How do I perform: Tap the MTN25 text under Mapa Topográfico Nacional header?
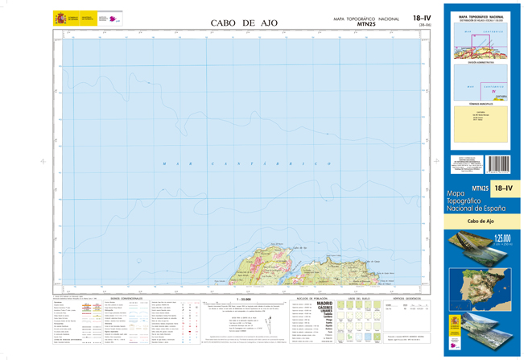coord(365,24)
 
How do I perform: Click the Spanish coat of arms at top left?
coord(61,18)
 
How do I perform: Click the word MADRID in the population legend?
coord(325,304)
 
